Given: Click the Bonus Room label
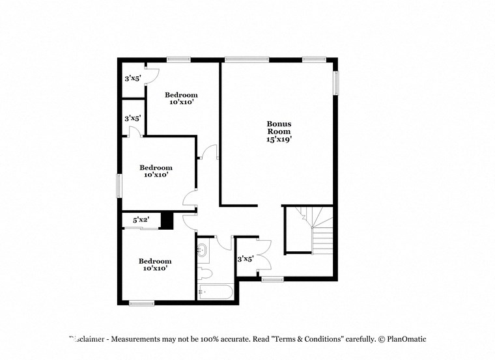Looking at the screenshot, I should (279, 127).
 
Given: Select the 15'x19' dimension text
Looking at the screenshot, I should (279, 139).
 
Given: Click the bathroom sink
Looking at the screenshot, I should (203, 249).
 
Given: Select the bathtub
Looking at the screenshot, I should (215, 292).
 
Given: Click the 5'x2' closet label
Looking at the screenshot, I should (141, 221).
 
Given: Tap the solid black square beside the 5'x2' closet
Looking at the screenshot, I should (167, 221).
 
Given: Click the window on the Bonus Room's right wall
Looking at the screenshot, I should (337, 83).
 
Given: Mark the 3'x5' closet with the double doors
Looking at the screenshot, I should (246, 259).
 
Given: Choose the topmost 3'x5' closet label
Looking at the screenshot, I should (133, 78).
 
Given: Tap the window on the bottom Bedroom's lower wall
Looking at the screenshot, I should (141, 303).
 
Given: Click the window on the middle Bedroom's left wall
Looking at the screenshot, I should (119, 185).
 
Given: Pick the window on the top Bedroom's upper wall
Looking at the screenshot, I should (177, 60).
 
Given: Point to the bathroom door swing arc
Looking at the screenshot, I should (224, 243).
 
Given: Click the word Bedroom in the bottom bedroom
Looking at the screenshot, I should (155, 261).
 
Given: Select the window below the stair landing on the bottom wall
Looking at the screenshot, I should (272, 279).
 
